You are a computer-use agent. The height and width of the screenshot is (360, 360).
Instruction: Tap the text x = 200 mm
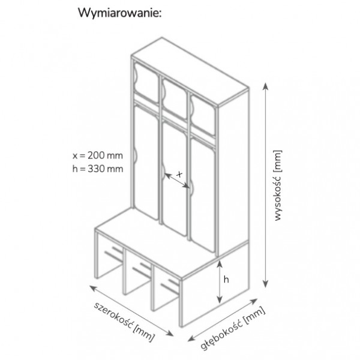98,155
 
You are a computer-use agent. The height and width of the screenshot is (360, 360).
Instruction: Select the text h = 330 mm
98,169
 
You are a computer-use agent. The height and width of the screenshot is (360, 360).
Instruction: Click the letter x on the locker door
179,175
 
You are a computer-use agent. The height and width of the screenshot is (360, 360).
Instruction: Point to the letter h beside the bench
226,280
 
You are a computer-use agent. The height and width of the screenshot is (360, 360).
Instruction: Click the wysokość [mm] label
278,185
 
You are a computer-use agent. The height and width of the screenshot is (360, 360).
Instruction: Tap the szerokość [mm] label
124,323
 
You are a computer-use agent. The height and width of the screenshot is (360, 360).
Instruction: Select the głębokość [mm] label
233,328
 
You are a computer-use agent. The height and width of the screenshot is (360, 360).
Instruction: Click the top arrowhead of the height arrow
265,86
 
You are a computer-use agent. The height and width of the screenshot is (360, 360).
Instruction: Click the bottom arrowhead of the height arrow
265,284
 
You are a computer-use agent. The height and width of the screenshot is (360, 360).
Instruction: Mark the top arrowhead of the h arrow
220,264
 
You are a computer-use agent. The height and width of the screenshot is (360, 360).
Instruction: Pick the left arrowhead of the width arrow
92,287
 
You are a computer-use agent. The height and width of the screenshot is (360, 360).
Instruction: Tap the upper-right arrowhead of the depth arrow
254,301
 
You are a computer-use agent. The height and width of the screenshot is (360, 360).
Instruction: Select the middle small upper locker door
174,99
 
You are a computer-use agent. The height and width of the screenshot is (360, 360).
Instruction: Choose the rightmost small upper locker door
203,116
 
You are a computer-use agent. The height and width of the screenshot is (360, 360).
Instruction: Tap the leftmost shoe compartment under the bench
110,257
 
